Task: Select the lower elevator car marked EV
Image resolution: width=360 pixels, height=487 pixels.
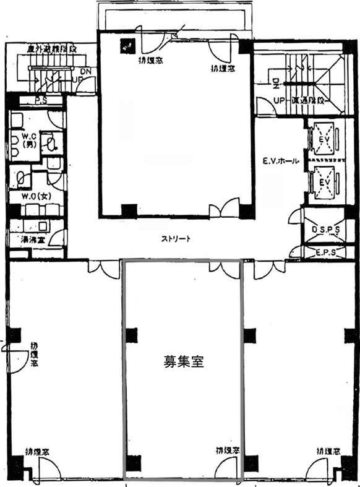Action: pyautogui.click(x=324, y=183)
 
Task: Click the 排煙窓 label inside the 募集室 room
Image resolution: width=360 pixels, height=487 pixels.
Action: pyautogui.click(x=228, y=450)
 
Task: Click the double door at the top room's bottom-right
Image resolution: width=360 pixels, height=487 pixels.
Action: pyautogui.click(x=223, y=209)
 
